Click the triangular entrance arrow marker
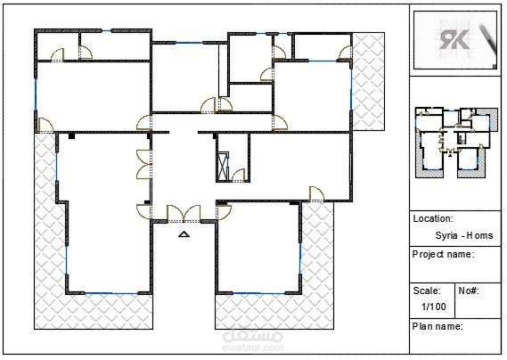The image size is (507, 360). coord(184,234)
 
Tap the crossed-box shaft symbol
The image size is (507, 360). coord(223,166)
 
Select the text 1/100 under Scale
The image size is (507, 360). coord(434,307)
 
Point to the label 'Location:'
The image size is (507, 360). coord(433,218)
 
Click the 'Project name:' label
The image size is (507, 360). coord(444,255)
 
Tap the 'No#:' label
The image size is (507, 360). coord(469,290)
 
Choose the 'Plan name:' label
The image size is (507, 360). coord(437,326)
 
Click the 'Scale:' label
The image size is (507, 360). coord(427,290)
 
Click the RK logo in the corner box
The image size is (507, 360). coord(454,39)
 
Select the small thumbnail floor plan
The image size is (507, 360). coord(456,143)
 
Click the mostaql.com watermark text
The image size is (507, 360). coord(253,348)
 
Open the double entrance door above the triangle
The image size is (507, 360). coord(184,214)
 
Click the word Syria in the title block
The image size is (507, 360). coord(446,235)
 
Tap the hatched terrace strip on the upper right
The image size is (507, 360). coord(368,81)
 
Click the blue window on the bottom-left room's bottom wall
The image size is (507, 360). coord(111,293)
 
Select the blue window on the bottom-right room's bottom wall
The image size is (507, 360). coord(258,293)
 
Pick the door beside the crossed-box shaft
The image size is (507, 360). coord(239,175)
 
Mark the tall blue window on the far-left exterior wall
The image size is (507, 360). coord(36,94)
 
